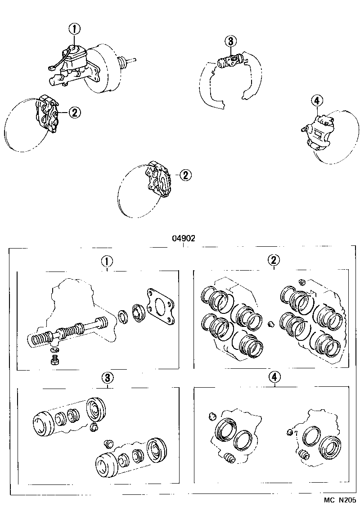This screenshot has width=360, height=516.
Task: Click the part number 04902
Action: (x=183, y=239)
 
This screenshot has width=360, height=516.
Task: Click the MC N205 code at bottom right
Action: (x=340, y=500)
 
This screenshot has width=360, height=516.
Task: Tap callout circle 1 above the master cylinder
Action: (x=75, y=29)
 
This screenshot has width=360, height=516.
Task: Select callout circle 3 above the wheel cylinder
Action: (x=230, y=41)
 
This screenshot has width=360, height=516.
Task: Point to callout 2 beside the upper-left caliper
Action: (x=75, y=112)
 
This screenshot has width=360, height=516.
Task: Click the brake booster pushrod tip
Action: (x=134, y=59)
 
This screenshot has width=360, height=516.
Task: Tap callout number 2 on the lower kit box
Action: (x=274, y=260)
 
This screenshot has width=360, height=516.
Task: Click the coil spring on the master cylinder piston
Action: (x=40, y=338)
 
